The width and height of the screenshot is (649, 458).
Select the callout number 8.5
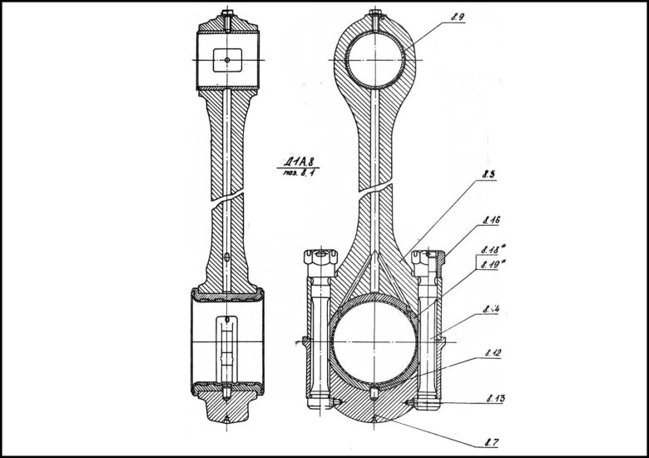point(488,176)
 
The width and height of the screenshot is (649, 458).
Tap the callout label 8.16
point(490,222)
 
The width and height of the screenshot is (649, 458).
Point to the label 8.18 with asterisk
point(492,249)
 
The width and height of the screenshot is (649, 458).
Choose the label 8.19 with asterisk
point(492,265)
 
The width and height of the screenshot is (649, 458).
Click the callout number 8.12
point(491,353)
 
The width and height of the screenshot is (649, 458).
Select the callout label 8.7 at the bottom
point(491,436)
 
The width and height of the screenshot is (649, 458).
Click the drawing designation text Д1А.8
point(297,162)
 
